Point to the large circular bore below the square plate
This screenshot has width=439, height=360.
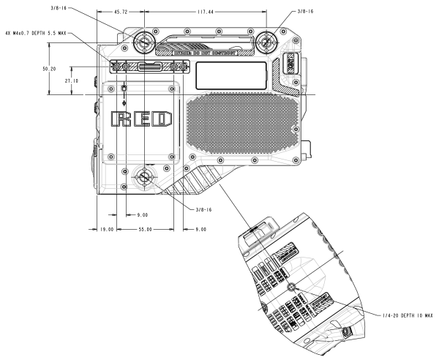143,178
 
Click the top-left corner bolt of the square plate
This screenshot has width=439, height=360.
110,89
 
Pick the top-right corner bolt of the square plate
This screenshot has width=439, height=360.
173,89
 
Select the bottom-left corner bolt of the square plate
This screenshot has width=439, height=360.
110,157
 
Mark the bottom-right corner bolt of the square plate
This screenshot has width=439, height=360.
173,157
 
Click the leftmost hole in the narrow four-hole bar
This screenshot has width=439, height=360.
116,67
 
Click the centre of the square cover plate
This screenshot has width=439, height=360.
142,122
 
